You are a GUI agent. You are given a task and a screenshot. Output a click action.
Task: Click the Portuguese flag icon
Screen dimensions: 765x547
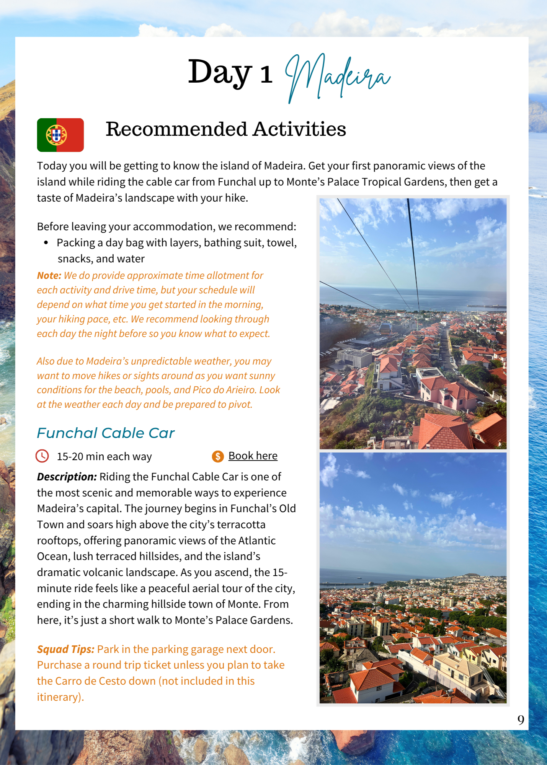point(60,135)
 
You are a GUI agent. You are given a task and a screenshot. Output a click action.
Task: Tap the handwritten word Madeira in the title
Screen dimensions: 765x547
point(338,76)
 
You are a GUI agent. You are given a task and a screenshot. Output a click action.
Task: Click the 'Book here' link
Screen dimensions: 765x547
point(253,456)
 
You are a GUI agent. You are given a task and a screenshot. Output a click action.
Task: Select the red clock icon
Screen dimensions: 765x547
point(42,456)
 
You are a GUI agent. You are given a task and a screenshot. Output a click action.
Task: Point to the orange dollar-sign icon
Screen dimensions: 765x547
point(218,456)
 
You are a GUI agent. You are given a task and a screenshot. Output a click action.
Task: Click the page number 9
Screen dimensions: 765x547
point(521,720)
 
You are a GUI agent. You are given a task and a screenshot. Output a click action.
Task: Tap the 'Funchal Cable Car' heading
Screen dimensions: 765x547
point(106,433)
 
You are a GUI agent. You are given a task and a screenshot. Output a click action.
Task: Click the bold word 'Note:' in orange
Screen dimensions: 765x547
point(49,275)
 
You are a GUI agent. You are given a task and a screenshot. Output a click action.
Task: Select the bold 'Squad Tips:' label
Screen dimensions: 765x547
point(65,649)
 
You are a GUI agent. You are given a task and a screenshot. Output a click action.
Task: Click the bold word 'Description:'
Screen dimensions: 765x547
point(67,477)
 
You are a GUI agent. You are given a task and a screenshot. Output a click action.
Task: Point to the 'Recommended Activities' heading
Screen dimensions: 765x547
point(226,129)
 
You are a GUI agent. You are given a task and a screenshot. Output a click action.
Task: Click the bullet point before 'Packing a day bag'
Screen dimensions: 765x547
point(46,243)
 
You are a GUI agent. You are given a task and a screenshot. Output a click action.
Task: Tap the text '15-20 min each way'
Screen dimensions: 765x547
point(104,456)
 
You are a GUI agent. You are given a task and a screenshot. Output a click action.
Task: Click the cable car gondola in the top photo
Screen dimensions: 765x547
point(385,328)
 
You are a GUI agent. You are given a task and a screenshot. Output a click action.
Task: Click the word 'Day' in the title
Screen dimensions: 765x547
point(220,73)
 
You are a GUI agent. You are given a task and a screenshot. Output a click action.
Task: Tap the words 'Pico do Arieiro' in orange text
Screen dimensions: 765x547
point(224,390)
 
